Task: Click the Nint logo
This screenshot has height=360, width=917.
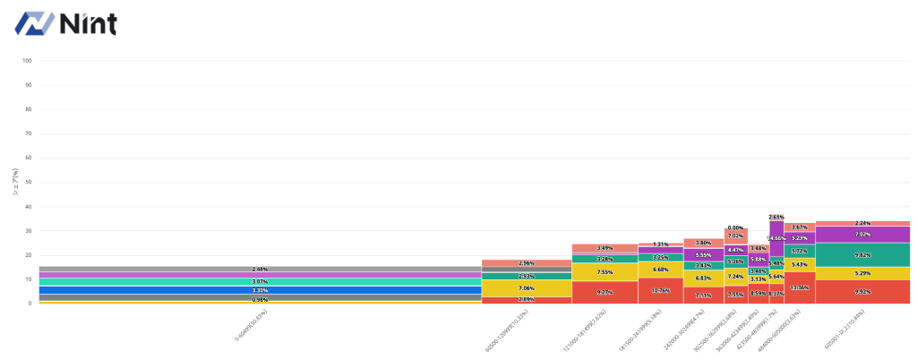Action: [65, 24]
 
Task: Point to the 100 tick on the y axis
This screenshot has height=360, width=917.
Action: [27, 61]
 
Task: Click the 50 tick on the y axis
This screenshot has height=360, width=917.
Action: [28, 182]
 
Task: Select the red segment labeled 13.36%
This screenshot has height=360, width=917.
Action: [800, 287]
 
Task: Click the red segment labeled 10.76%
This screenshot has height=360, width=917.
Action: [660, 290]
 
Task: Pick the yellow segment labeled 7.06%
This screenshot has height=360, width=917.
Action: [527, 288]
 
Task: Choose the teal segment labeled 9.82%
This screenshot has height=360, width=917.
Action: [862, 254]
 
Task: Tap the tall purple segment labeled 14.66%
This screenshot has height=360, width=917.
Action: [776, 239]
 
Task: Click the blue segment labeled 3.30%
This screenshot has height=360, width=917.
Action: [260, 290]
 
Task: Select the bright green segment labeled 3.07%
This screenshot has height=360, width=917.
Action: [260, 281]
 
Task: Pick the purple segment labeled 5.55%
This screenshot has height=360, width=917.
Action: [703, 255]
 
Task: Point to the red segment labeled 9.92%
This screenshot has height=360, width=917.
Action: [862, 291]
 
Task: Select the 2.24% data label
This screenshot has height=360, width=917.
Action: [862, 223]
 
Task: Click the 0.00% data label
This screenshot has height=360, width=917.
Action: [736, 227]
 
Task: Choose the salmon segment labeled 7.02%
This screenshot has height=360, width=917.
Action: [736, 236]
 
